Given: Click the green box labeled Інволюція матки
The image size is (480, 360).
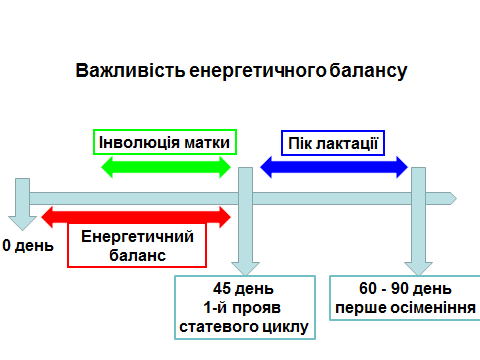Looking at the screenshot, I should point(166,142).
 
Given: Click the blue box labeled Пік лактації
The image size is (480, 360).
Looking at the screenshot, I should point(332,142).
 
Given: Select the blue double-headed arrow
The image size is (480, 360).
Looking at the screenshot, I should point(334,167).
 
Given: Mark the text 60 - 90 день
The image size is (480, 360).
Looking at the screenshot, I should point(404,289).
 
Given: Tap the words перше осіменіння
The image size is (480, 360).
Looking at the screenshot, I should point(404,307).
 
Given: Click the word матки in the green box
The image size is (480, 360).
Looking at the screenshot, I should point(206,142).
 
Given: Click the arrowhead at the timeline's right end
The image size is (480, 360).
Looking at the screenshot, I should point(452,194).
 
